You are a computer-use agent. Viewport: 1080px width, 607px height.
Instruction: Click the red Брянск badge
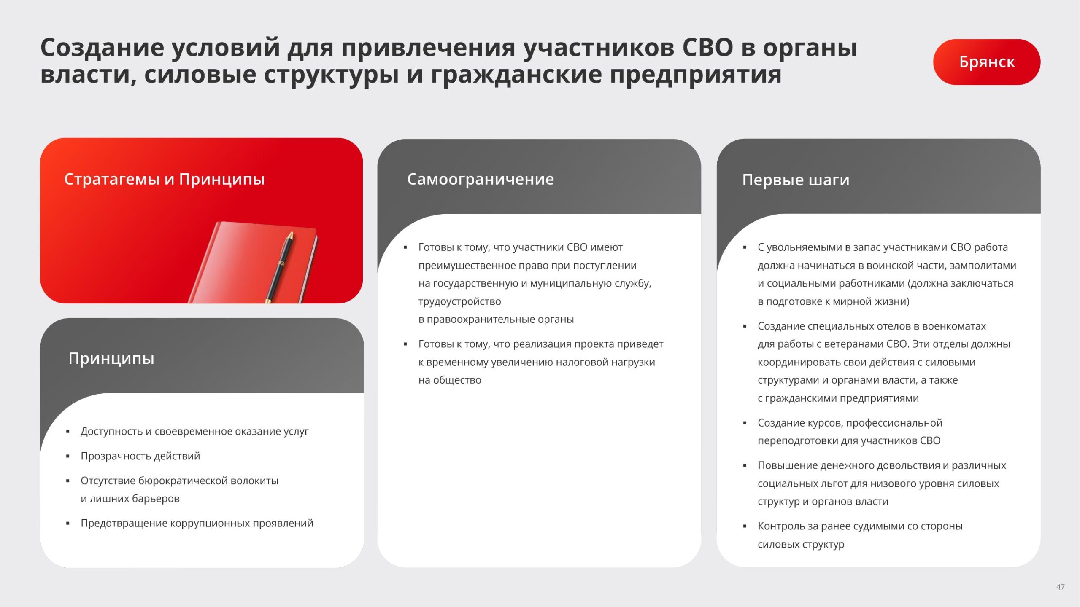986,62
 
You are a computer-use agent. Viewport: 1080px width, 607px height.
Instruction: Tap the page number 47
1060,587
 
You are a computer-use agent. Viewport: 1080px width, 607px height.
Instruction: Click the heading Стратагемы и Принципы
165,179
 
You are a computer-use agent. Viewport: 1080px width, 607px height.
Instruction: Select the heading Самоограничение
481,179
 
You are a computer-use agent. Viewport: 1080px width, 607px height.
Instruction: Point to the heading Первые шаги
796,180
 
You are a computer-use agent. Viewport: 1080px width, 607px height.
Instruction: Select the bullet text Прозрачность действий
140,456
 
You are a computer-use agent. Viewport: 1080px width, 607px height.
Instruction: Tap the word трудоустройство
460,302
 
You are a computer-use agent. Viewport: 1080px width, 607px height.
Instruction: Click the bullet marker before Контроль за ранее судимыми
745,526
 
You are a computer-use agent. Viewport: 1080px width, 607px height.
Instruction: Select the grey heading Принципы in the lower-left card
111,359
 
